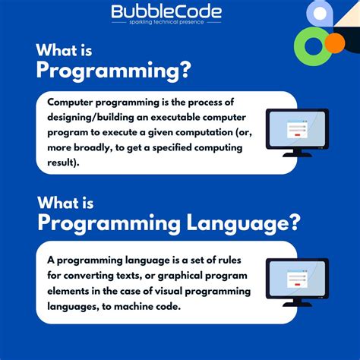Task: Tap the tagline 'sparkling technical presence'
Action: coord(166,23)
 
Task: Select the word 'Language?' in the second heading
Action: coord(241,223)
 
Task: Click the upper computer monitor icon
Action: coord(297,131)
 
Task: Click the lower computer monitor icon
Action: coord(297,279)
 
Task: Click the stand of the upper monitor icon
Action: coord(297,150)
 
